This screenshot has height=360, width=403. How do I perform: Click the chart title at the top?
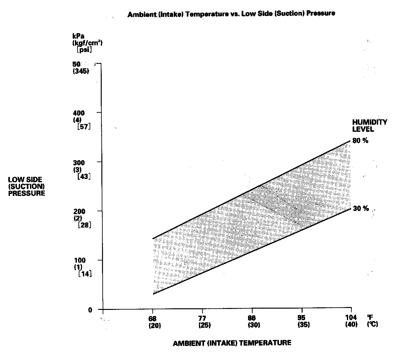[231, 14]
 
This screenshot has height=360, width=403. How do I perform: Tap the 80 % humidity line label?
[360, 141]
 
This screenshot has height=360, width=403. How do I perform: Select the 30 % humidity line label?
[361, 208]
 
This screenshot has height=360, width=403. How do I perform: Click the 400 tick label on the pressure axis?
[79, 113]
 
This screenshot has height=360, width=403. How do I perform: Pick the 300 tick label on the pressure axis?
[79, 162]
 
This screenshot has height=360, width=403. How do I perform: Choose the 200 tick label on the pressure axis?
[79, 211]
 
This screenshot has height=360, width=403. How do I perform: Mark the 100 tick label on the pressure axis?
[79, 260]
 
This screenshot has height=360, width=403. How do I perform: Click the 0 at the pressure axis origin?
[90, 310]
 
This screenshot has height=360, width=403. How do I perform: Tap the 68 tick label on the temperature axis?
[153, 318]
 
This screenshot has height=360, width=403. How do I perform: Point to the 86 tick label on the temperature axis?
[252, 318]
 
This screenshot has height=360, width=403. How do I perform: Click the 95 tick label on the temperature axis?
[302, 318]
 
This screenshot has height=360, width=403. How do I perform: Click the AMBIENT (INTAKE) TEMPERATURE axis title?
[232, 343]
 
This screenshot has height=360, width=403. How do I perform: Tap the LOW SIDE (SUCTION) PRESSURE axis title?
[26, 186]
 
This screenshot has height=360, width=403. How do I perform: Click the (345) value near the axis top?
[81, 71]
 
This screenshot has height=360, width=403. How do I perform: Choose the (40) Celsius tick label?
[351, 325]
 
